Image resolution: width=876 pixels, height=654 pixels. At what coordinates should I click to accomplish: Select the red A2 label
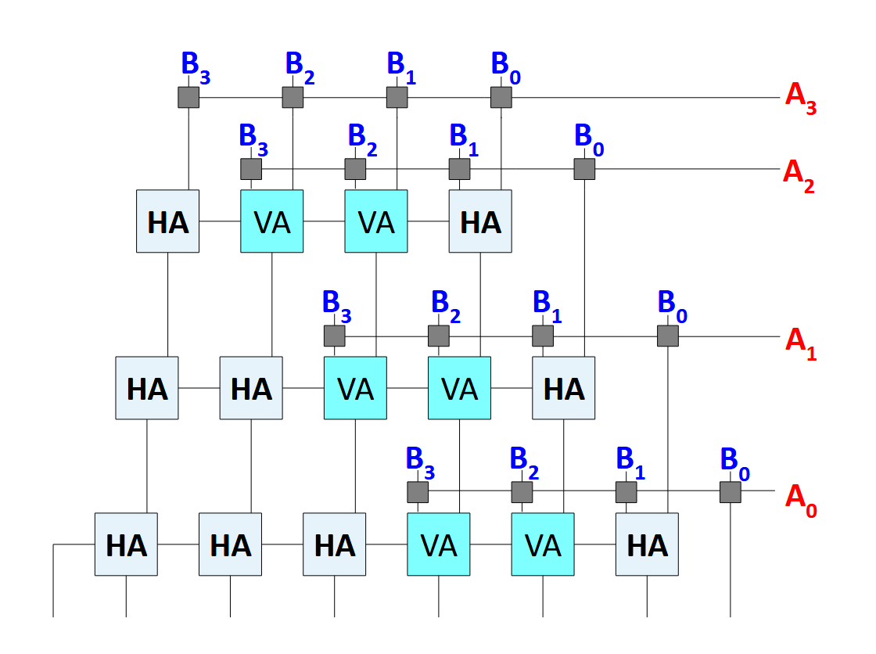point(798,175)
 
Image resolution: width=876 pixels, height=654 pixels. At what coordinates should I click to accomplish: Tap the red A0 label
point(800,498)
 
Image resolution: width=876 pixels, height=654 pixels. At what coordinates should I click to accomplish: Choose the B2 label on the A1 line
point(445,304)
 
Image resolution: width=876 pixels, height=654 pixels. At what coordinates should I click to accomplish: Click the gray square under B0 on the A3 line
point(501,97)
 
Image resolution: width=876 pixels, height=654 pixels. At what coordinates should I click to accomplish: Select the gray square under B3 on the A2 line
point(251,169)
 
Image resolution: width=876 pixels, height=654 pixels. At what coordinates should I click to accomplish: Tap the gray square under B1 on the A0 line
point(626,492)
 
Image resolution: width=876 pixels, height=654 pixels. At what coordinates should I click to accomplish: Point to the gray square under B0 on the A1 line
point(667,336)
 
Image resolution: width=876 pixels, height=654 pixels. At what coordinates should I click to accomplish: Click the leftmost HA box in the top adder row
point(168,221)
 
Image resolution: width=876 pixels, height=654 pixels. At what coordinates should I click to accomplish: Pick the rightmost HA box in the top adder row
point(480,221)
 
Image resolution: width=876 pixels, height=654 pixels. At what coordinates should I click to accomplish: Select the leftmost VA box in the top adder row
point(272,221)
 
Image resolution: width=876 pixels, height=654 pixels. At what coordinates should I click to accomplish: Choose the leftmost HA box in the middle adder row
point(147,388)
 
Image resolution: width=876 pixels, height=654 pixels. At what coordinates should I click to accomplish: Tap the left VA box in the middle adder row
point(356,388)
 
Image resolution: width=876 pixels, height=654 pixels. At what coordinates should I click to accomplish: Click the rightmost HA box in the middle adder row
point(564,388)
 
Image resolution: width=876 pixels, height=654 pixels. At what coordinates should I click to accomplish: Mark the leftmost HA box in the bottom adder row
point(126,544)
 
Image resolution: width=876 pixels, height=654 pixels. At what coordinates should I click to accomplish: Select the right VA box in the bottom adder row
point(543,544)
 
